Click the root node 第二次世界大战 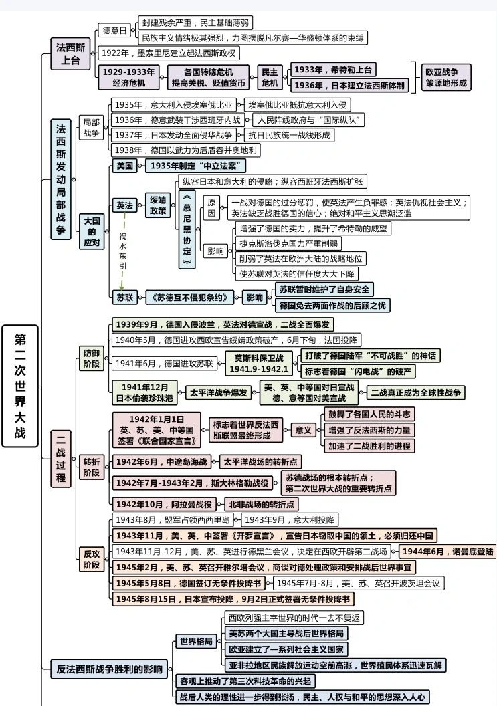19,386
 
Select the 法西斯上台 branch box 70,53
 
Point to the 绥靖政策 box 158,205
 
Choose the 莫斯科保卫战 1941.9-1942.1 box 259,364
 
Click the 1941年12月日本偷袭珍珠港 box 145,393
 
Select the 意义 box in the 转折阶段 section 304,429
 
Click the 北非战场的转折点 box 262,504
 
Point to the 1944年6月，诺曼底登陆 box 447,552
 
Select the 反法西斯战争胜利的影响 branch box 110,669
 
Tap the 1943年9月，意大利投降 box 290,519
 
